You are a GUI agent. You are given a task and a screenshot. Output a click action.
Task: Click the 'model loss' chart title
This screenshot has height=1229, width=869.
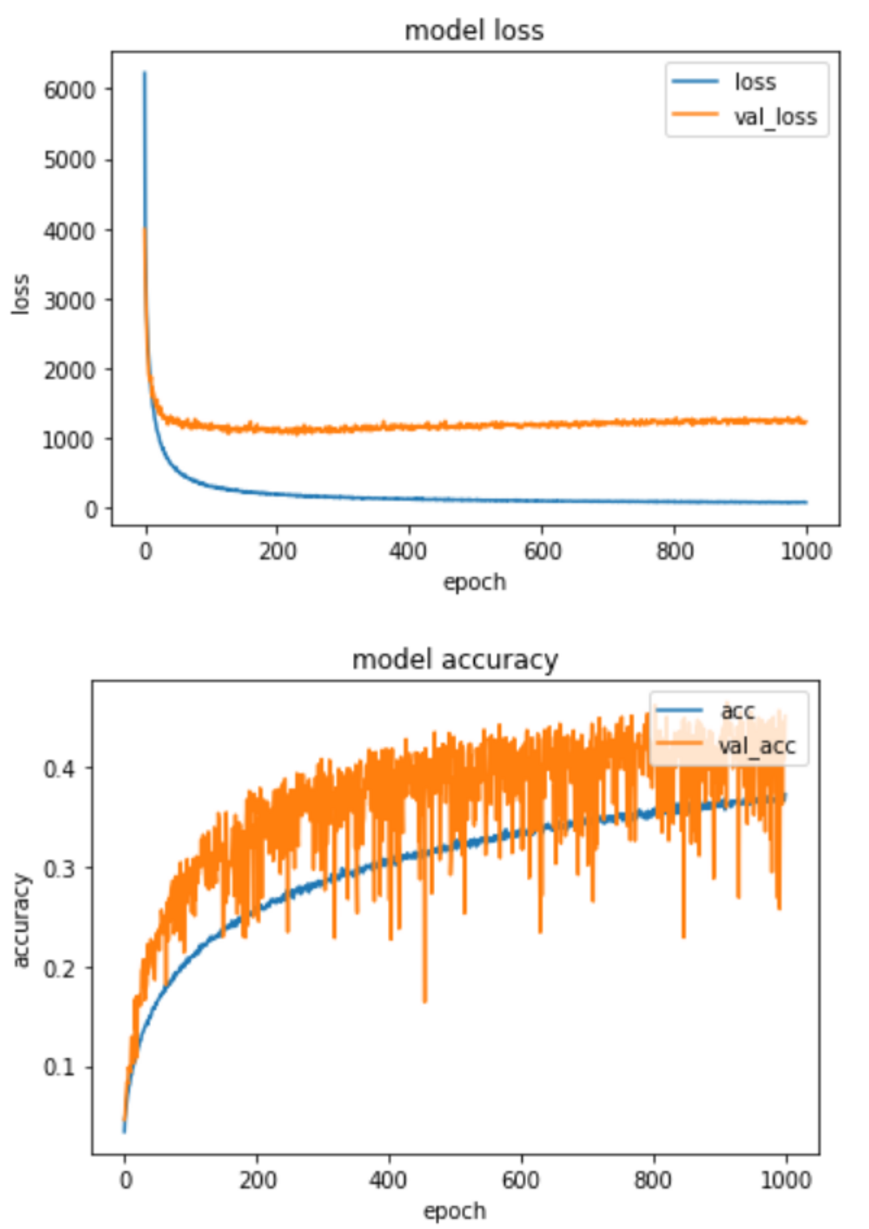tap(474, 31)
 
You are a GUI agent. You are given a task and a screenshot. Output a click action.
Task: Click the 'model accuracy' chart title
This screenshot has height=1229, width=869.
tap(455, 660)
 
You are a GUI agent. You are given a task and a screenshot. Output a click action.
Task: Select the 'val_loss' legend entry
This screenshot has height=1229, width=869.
tap(775, 117)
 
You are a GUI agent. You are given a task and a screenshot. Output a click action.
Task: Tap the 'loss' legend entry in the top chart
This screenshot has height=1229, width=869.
tap(755, 82)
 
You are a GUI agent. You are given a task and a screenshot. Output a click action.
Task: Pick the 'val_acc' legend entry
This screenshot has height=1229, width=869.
tap(757, 745)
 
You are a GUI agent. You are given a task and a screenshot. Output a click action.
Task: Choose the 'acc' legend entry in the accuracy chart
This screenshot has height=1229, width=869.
tap(737, 711)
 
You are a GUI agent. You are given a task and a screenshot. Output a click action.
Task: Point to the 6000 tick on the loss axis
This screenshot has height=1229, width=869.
tap(70, 90)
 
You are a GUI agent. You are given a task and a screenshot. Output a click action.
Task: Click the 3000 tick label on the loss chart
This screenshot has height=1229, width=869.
tap(70, 300)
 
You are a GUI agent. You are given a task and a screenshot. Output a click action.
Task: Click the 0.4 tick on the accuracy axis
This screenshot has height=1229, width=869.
tap(59, 769)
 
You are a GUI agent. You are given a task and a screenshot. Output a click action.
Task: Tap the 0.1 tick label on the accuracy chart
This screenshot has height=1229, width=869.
tap(59, 1067)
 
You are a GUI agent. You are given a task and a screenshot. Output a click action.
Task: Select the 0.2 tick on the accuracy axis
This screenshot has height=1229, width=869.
tap(59, 968)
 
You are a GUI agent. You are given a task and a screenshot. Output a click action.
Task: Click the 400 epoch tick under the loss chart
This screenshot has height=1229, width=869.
tap(408, 552)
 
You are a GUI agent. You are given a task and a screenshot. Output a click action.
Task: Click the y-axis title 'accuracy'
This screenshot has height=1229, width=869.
tap(21, 920)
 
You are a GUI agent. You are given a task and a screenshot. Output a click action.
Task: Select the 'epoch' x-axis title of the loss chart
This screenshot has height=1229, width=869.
tap(474, 582)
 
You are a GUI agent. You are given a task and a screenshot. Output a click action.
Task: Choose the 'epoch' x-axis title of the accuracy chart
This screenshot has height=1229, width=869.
tap(455, 1211)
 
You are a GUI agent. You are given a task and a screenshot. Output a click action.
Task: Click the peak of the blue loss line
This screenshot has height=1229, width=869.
tap(144, 72)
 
